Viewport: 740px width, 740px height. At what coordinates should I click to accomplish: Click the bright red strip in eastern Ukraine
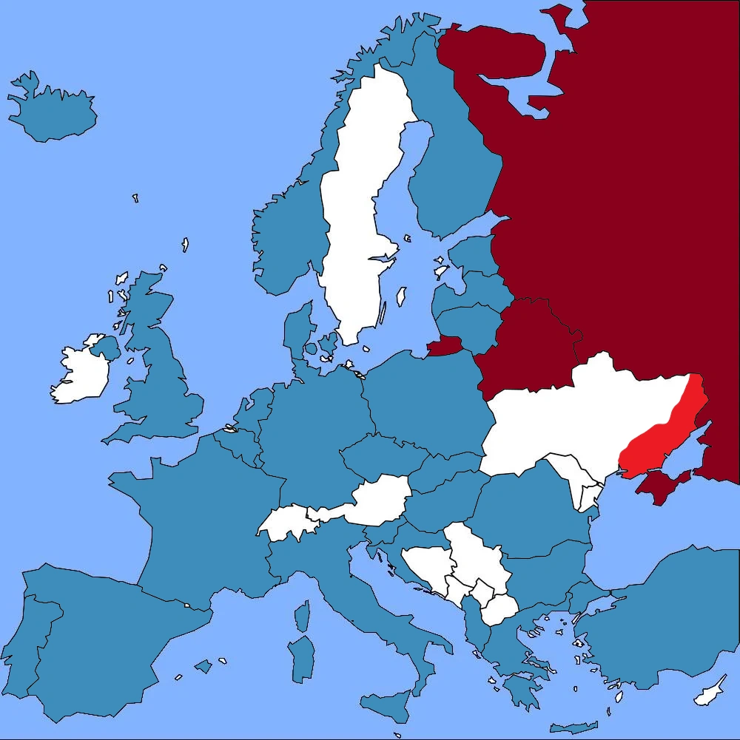[662, 436]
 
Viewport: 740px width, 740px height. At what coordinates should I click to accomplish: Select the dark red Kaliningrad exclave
[445, 346]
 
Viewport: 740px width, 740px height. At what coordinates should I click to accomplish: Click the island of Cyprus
[710, 691]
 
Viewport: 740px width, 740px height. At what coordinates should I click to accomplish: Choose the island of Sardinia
[302, 658]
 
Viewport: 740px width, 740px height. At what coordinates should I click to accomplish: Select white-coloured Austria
[377, 499]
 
